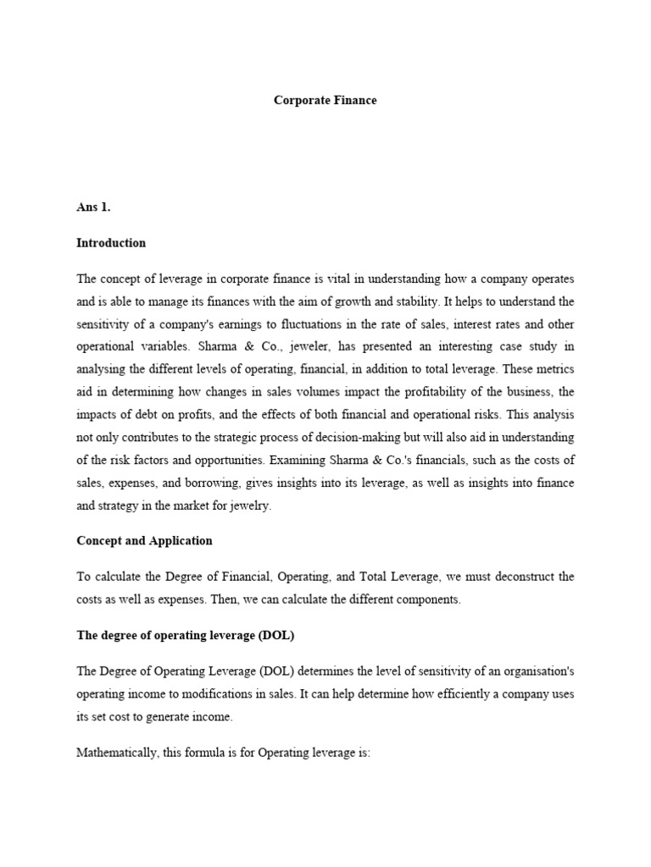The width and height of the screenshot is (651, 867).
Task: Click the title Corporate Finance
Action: tap(325, 100)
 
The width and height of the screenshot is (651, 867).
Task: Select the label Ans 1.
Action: tap(94, 207)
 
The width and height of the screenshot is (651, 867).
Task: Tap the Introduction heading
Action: tap(111, 243)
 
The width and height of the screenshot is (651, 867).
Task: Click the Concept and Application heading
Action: tap(144, 540)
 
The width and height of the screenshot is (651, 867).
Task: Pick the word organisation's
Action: tap(537, 671)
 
